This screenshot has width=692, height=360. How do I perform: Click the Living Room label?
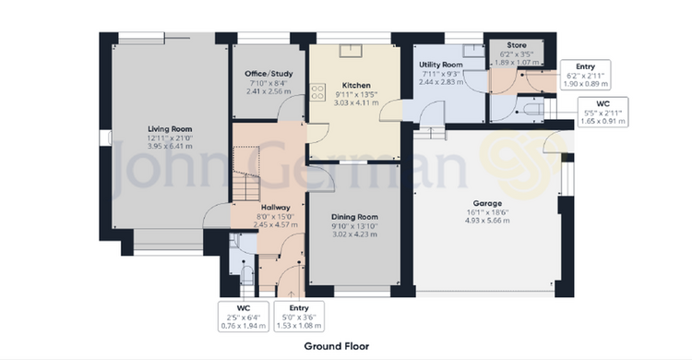pyautogui.click(x=170, y=129)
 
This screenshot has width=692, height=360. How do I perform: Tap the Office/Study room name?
pyautogui.click(x=268, y=74)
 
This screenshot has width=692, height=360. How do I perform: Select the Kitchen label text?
pyautogui.click(x=356, y=85)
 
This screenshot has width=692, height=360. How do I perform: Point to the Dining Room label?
pyautogui.click(x=354, y=217)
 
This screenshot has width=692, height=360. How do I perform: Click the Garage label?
pyautogui.click(x=487, y=203)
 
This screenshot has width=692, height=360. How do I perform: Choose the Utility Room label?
pyautogui.click(x=440, y=65)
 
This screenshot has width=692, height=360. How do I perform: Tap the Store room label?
pyautogui.click(x=517, y=45)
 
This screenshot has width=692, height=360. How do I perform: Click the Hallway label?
pyautogui.click(x=275, y=207)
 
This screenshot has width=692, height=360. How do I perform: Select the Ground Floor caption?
pyautogui.click(x=336, y=346)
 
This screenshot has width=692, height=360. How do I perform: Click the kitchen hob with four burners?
pyautogui.click(x=317, y=92)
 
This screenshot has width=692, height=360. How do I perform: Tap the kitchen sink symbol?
pyautogui.click(x=351, y=51)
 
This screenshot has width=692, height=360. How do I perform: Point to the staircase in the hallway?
pyautogui.click(x=245, y=174)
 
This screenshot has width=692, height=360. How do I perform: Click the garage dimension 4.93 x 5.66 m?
pyautogui.click(x=487, y=221)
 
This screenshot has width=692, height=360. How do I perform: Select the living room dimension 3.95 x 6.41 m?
pyautogui.click(x=170, y=146)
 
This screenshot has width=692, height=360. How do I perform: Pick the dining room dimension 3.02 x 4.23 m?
pyautogui.click(x=354, y=234)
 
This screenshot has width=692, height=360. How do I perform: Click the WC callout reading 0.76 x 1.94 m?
pyautogui.click(x=244, y=317)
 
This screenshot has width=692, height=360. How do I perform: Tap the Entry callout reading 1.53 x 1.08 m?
pyautogui.click(x=299, y=317)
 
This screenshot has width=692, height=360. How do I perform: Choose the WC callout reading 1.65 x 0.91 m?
pyautogui.click(x=603, y=113)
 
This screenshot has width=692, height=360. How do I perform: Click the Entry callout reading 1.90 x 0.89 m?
pyautogui.click(x=585, y=75)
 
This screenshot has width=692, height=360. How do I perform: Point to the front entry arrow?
pyautogui.click(x=291, y=294)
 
